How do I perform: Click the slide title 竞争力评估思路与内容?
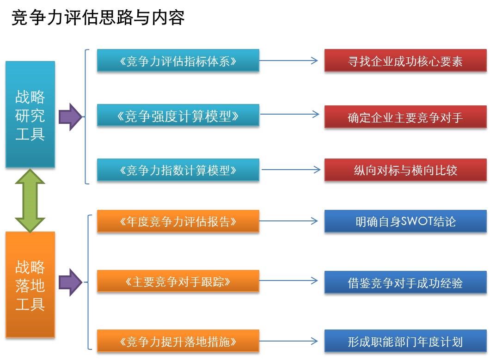click(98, 18)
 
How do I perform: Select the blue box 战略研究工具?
click(30, 114)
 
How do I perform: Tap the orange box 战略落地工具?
click(30, 285)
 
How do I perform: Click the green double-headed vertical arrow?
click(30, 200)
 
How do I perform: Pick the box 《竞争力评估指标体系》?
click(178, 61)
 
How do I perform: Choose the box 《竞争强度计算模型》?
click(178, 116)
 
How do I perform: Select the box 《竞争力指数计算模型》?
click(178, 170)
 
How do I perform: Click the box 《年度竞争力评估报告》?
click(178, 221)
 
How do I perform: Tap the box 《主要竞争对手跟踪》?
click(178, 281)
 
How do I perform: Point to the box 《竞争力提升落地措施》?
click(178, 342)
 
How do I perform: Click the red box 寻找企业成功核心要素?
click(405, 61)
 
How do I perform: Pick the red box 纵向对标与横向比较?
click(405, 170)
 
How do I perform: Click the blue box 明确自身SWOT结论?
click(405, 221)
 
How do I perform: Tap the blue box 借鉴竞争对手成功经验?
click(405, 282)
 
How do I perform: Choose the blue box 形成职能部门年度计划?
click(405, 342)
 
